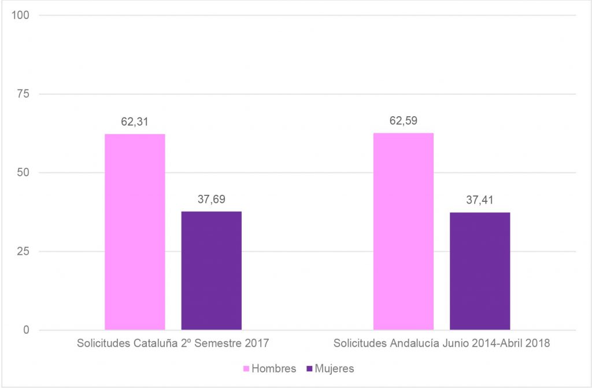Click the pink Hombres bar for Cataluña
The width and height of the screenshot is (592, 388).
(x=135, y=232)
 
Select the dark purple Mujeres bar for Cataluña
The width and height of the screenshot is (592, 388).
(x=211, y=271)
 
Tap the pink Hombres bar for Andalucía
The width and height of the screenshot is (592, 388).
(x=404, y=231)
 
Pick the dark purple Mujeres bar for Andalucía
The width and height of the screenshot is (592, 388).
(x=480, y=271)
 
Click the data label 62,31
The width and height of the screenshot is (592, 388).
(x=135, y=123)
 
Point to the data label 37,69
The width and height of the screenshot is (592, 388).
(x=211, y=199)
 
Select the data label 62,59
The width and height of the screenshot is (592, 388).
(x=404, y=121)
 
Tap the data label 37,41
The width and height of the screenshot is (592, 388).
(x=480, y=201)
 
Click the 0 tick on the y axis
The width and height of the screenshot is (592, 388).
(x=27, y=330)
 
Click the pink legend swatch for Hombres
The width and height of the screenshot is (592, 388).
(x=246, y=368)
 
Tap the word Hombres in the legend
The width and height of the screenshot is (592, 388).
(x=274, y=368)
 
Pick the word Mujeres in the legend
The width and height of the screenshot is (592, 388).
(x=334, y=368)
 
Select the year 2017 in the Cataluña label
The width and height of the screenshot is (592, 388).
(x=257, y=343)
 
